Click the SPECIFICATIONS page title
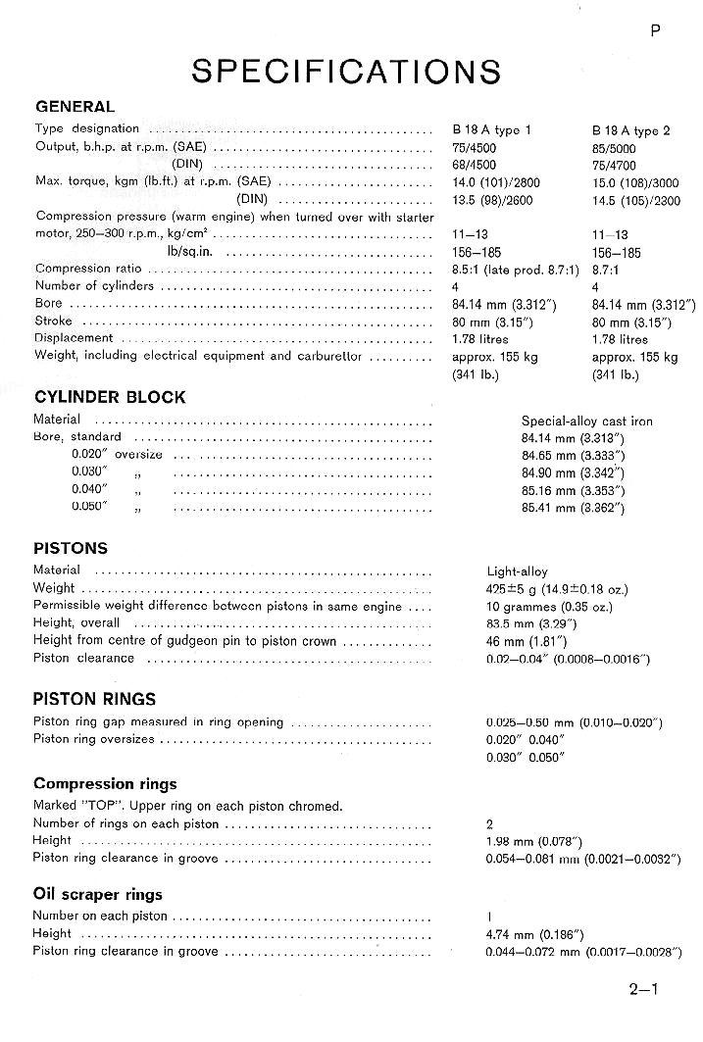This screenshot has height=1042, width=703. tap(346, 71)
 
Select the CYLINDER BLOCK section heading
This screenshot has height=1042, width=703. tap(109, 397)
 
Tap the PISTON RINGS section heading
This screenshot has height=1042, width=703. tap(94, 699)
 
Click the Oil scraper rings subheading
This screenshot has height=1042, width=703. tap(97, 894)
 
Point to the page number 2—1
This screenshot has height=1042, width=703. tap(644, 989)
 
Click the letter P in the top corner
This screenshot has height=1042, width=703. tap(655, 30)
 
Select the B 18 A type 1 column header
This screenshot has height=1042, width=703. tap(492, 129)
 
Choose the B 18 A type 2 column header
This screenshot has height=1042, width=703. tap(632, 129)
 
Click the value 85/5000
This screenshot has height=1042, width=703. tap(615, 147)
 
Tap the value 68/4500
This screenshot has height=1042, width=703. tap(474, 165)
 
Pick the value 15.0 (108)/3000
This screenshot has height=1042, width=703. tap(635, 182)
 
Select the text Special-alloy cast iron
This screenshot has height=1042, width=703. tap(586, 422)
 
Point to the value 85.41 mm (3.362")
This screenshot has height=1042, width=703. tap(573, 508)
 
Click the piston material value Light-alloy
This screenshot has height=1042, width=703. tap(517, 571)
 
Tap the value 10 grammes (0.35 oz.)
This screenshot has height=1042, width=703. tap(548, 607)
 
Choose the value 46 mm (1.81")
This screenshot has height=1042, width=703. tap(523, 641)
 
